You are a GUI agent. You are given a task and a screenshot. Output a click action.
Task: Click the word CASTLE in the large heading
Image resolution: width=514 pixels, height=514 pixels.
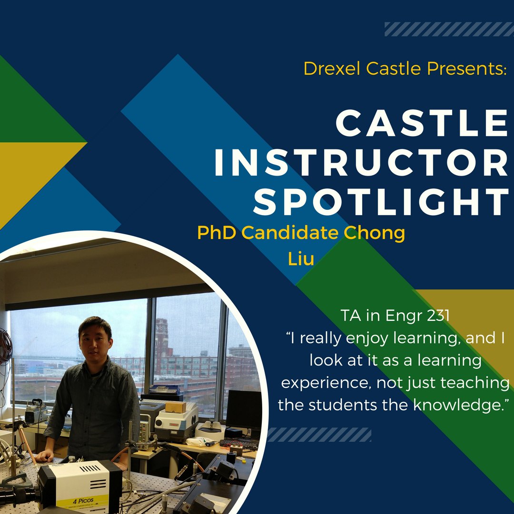click(422, 123)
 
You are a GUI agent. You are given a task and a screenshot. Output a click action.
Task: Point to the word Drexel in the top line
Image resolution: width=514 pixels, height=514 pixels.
click(333, 69)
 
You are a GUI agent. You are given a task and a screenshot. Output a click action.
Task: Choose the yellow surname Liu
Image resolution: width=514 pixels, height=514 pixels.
click(301, 258)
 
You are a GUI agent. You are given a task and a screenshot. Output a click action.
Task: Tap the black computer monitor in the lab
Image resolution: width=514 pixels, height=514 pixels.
click(244, 410)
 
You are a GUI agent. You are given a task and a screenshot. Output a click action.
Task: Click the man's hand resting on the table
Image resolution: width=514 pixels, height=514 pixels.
click(45, 456)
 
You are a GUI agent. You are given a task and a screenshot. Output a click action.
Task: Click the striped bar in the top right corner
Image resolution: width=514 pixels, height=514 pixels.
click(449, 29)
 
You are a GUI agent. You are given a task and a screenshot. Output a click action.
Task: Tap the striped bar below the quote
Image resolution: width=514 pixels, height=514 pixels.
click(319, 435)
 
